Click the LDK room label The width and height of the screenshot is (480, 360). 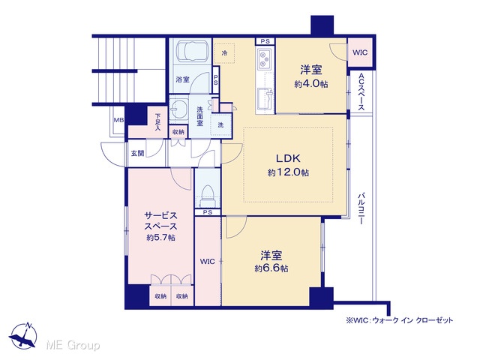pos(288,158)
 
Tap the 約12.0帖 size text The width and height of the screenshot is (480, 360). pos(288,172)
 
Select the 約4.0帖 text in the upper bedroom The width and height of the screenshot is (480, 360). pos(311,84)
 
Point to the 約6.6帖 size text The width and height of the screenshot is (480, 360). pos(271,268)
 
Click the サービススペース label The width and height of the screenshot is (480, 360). pos(160,221)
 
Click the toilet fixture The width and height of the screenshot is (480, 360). pos(208,197)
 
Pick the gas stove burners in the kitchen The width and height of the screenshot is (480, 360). pos(263,59)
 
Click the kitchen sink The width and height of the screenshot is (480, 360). pos(265,98)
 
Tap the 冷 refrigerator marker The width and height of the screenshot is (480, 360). pos(224,53)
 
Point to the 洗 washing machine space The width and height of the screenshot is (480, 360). pos(220,125)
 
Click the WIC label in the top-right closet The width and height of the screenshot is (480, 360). pos(360,52)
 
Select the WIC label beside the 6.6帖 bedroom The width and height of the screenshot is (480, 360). pos(208,262)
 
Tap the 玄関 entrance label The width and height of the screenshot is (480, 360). pos(137,153)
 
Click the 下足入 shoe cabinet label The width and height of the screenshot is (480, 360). pos(157,122)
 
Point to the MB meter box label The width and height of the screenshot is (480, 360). pos(118,120)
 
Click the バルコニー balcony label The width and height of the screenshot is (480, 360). pos(361,208)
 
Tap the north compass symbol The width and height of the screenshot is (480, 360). pos(23,335)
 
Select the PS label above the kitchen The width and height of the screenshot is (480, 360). pos(265,41)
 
